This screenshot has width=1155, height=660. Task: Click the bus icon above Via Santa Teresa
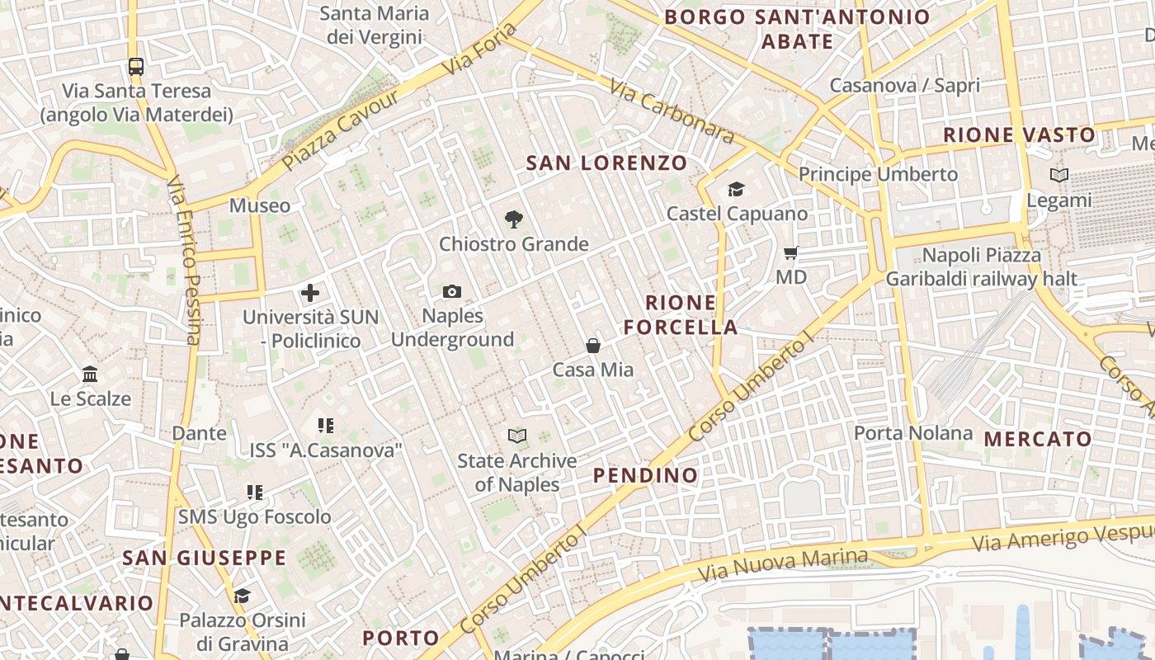(x=136, y=67)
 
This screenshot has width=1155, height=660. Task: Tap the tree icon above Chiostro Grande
(x=514, y=219)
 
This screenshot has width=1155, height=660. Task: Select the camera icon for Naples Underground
(x=452, y=291)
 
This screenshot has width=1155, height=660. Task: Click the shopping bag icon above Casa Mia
(x=592, y=345)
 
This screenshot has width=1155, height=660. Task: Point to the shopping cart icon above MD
(x=791, y=252)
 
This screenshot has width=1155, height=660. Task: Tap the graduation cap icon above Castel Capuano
(x=736, y=190)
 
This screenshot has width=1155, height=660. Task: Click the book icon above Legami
(x=1058, y=175)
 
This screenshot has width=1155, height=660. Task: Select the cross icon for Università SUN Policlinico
(x=310, y=292)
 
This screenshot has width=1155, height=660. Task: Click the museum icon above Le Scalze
(x=90, y=375)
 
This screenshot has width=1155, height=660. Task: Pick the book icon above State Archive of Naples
(x=517, y=436)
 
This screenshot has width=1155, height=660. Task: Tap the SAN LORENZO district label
(x=606, y=163)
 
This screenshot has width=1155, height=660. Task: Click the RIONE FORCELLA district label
(x=681, y=314)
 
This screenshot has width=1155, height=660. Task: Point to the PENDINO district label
(x=645, y=475)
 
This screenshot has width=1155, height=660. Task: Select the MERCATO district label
(x=1038, y=439)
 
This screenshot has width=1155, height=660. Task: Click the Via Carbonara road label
(x=672, y=111)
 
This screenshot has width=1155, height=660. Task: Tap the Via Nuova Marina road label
(x=783, y=566)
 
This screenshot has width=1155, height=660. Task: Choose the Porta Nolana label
(x=913, y=433)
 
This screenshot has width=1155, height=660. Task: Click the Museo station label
(x=260, y=205)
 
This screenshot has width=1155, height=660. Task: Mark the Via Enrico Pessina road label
(x=183, y=259)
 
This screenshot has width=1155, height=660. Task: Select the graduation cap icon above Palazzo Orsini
(x=242, y=596)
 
